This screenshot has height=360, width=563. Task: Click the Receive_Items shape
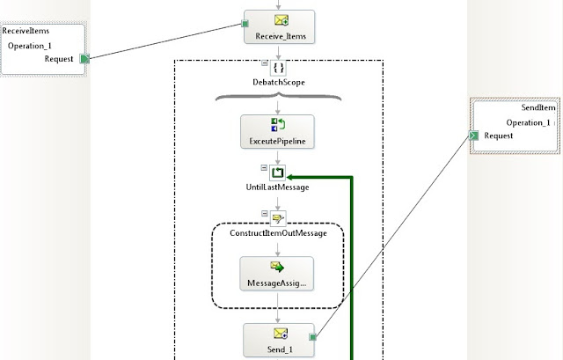point(280,27)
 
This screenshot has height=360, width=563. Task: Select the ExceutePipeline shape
point(277,131)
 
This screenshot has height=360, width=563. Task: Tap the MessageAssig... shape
point(277,274)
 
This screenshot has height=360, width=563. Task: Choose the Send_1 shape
point(279,341)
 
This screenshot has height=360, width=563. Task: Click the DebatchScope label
point(279,82)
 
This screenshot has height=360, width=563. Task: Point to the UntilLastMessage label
point(278,187)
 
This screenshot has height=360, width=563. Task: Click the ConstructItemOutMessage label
point(278,233)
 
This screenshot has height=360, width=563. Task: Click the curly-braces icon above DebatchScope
point(278,68)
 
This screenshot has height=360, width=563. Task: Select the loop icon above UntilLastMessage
point(278,173)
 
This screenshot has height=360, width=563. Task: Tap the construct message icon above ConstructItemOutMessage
point(278,218)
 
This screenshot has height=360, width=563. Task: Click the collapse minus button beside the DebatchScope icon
point(265,62)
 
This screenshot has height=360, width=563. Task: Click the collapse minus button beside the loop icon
point(264,168)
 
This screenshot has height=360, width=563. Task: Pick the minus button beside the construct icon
point(265,213)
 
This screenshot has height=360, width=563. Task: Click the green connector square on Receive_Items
point(245,24)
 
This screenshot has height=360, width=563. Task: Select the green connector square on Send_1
point(313,337)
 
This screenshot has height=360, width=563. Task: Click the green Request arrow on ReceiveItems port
point(84,59)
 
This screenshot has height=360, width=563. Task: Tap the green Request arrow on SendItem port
point(474,136)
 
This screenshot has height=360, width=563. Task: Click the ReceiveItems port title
point(26,31)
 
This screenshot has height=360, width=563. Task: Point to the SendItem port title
point(538,107)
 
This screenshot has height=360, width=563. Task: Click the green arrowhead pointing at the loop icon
point(290,177)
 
